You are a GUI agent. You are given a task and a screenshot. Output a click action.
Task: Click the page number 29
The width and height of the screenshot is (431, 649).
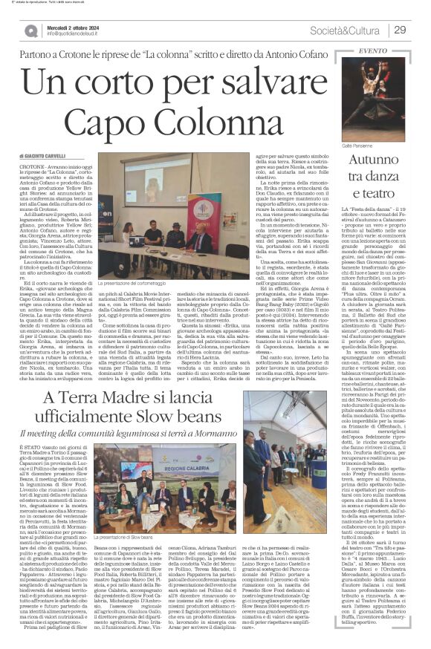point(398,29)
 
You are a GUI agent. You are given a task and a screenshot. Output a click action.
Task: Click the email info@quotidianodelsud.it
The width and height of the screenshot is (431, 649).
point(78,33)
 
